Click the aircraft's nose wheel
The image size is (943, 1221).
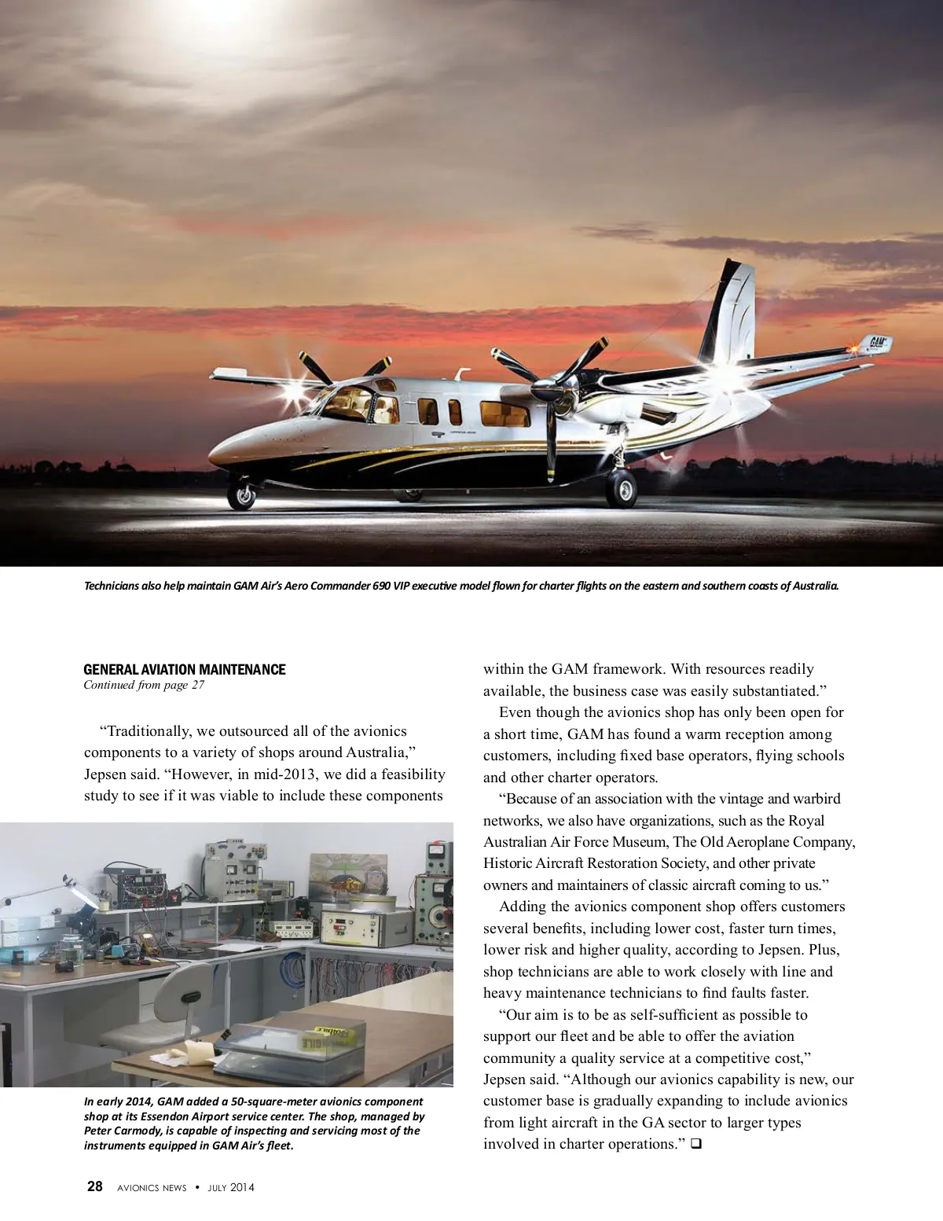241,495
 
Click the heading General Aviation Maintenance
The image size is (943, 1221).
185,670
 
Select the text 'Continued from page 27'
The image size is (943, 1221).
144,685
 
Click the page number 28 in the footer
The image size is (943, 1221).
95,1186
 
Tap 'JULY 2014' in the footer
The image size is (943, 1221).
231,1187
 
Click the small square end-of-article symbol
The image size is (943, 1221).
695,1145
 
